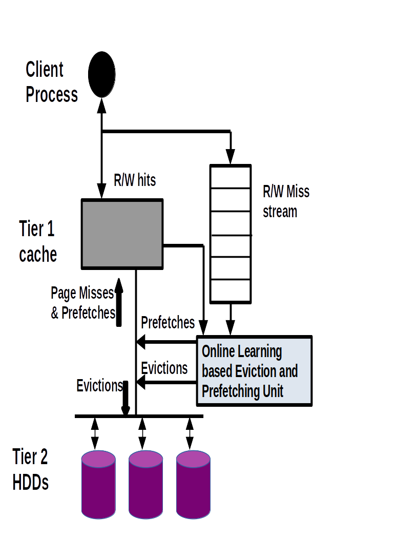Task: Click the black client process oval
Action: point(102,74)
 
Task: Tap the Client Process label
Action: point(51,82)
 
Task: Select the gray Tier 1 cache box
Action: point(122,234)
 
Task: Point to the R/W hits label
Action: point(135,180)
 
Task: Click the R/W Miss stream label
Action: point(286,201)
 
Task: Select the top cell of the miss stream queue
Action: point(231,177)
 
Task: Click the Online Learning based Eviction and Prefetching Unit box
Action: point(255,371)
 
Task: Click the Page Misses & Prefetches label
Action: point(82,303)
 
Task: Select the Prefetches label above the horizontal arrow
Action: point(168,323)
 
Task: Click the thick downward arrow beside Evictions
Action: point(126,399)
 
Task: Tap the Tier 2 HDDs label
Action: point(31,469)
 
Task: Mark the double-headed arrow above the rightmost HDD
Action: point(190,433)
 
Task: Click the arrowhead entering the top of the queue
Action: point(231,157)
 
